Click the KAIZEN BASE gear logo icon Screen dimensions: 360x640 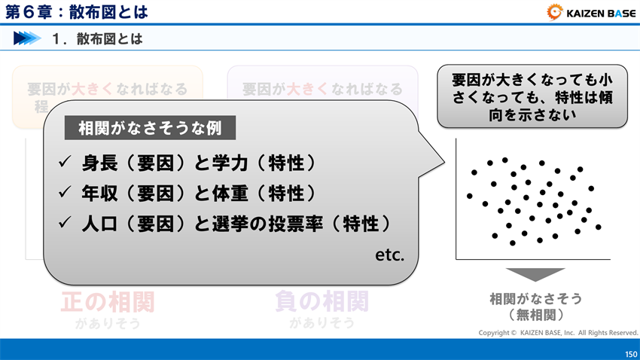(x=556, y=11)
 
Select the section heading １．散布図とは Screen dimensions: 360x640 (x=97, y=38)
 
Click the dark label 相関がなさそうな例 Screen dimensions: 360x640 (x=150, y=128)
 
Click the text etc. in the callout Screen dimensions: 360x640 (x=390, y=255)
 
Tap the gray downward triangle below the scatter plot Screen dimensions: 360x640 (x=535, y=275)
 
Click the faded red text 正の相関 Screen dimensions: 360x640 (x=108, y=301)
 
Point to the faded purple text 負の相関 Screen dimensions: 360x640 (x=322, y=301)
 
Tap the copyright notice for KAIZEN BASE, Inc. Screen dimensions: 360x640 (x=558, y=332)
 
